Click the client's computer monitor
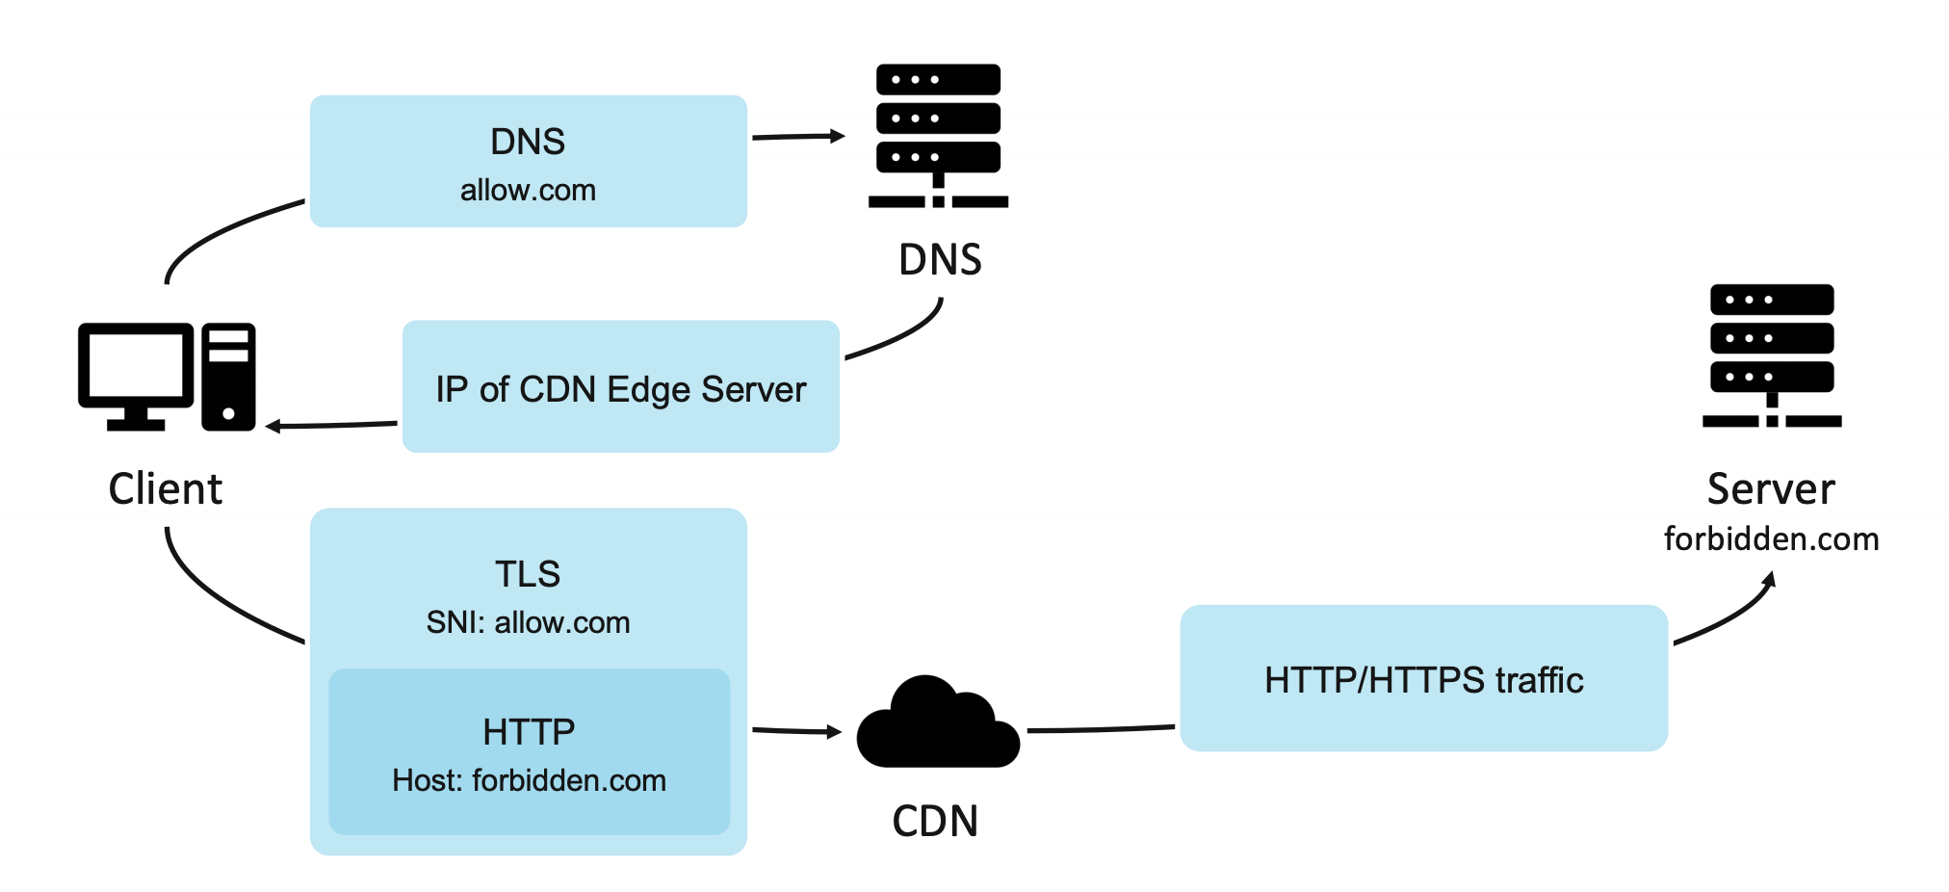[136, 371]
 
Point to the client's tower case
[228, 377]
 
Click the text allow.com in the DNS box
[528, 191]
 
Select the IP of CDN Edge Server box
[620, 387]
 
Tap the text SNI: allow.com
[528, 622]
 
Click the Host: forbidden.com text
[529, 780]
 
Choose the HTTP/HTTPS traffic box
[1423, 679]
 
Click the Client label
[165, 489]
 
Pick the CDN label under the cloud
[935, 822]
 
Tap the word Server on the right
[1771, 489]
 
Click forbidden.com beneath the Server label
[1771, 539]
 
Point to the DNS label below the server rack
[940, 260]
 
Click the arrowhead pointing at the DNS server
[838, 136]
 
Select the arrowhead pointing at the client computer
[273, 426]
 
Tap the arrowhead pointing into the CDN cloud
[834, 732]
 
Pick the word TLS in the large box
[528, 574]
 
